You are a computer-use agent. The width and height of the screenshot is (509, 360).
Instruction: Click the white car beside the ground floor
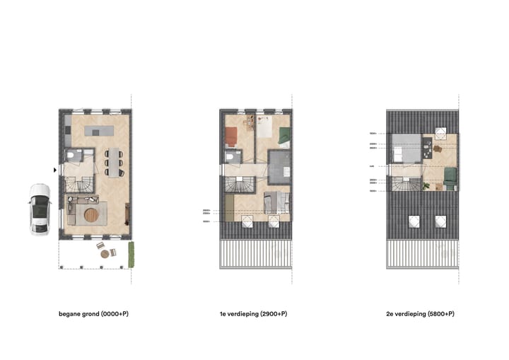click(39, 209)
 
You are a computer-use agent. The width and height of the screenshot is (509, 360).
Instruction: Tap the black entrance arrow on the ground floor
click(54, 170)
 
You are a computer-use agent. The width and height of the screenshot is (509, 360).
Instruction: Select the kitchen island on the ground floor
click(98, 131)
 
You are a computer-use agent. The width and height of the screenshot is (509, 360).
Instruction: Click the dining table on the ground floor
click(115, 161)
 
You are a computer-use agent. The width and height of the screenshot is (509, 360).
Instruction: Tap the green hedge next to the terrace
click(131, 254)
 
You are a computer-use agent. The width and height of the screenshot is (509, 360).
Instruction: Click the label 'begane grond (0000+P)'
click(93, 313)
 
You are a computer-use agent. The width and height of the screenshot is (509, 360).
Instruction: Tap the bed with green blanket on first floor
click(282, 136)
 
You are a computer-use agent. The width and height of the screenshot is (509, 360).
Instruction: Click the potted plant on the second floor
click(426, 185)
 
